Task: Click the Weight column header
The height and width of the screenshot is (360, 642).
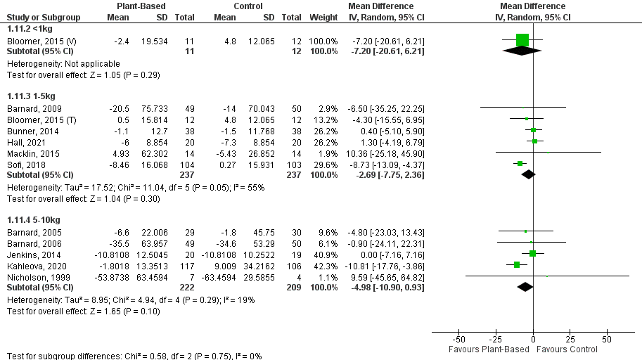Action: [322, 17]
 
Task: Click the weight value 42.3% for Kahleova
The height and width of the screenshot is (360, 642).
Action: [323, 264]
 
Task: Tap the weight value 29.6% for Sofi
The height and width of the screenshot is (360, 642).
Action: [323, 163]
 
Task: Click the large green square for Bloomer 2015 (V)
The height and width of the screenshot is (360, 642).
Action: [522, 39]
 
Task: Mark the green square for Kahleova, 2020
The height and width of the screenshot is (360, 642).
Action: [517, 264]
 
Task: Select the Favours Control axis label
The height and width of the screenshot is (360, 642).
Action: [567, 349]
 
